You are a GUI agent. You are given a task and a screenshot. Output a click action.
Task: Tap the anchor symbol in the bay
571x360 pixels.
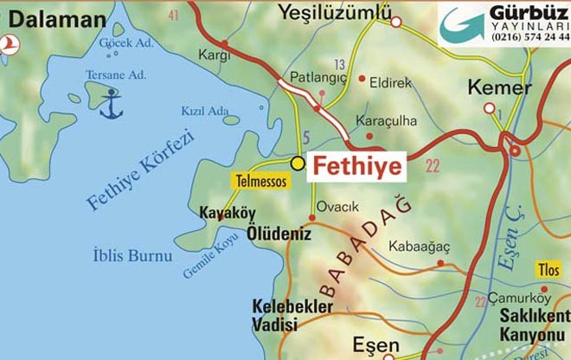tap(112, 106)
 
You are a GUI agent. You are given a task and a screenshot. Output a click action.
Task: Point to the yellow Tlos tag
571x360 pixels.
tap(549, 270)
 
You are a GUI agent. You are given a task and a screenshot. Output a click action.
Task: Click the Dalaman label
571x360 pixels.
tap(54, 18)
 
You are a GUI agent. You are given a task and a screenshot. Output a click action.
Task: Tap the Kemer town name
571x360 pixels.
tap(498, 87)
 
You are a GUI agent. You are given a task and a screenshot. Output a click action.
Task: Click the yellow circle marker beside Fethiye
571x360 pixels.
tap(298, 162)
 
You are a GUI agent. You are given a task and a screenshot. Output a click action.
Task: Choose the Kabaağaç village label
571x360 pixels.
tap(419, 246)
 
